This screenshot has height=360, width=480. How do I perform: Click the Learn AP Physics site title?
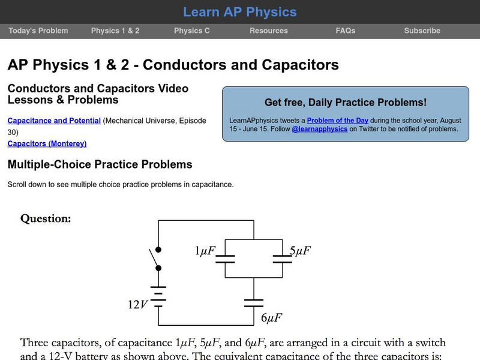tap(239, 12)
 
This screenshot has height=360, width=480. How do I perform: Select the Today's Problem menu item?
tap(38, 31)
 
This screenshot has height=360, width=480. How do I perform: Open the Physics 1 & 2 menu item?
tap(115, 31)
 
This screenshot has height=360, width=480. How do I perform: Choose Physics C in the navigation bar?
tap(192, 31)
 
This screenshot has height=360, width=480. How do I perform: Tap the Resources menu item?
tap(269, 31)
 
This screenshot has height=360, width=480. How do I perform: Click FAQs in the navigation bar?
tap(346, 31)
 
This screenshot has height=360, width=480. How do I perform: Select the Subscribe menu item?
tap(422, 31)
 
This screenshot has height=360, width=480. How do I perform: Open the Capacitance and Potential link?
tap(54, 121)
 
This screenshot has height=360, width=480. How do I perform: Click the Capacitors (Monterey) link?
tap(47, 143)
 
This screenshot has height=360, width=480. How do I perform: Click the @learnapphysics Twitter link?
tap(320, 128)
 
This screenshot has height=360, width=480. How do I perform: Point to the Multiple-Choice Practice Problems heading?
tap(100, 164)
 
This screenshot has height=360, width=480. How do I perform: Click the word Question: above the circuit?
tap(46, 218)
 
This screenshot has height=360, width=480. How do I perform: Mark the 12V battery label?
tap(137, 304)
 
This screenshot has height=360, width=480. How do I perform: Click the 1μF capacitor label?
tap(205, 251)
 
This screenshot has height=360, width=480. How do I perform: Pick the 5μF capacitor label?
tap(300, 251)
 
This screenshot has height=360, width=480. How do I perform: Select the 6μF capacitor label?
tap(271, 317)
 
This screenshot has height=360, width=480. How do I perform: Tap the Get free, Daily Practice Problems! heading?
tap(346, 103)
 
